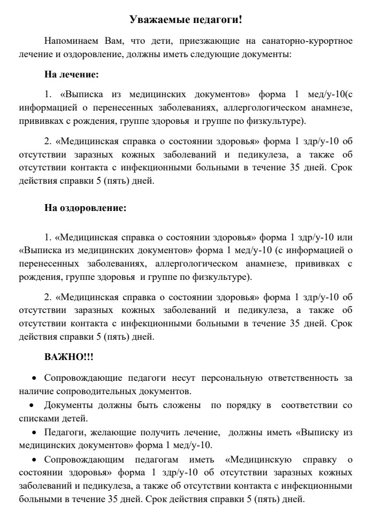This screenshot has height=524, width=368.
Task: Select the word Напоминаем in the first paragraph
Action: coord(70,41)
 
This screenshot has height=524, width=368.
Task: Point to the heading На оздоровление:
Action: coord(86,208)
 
